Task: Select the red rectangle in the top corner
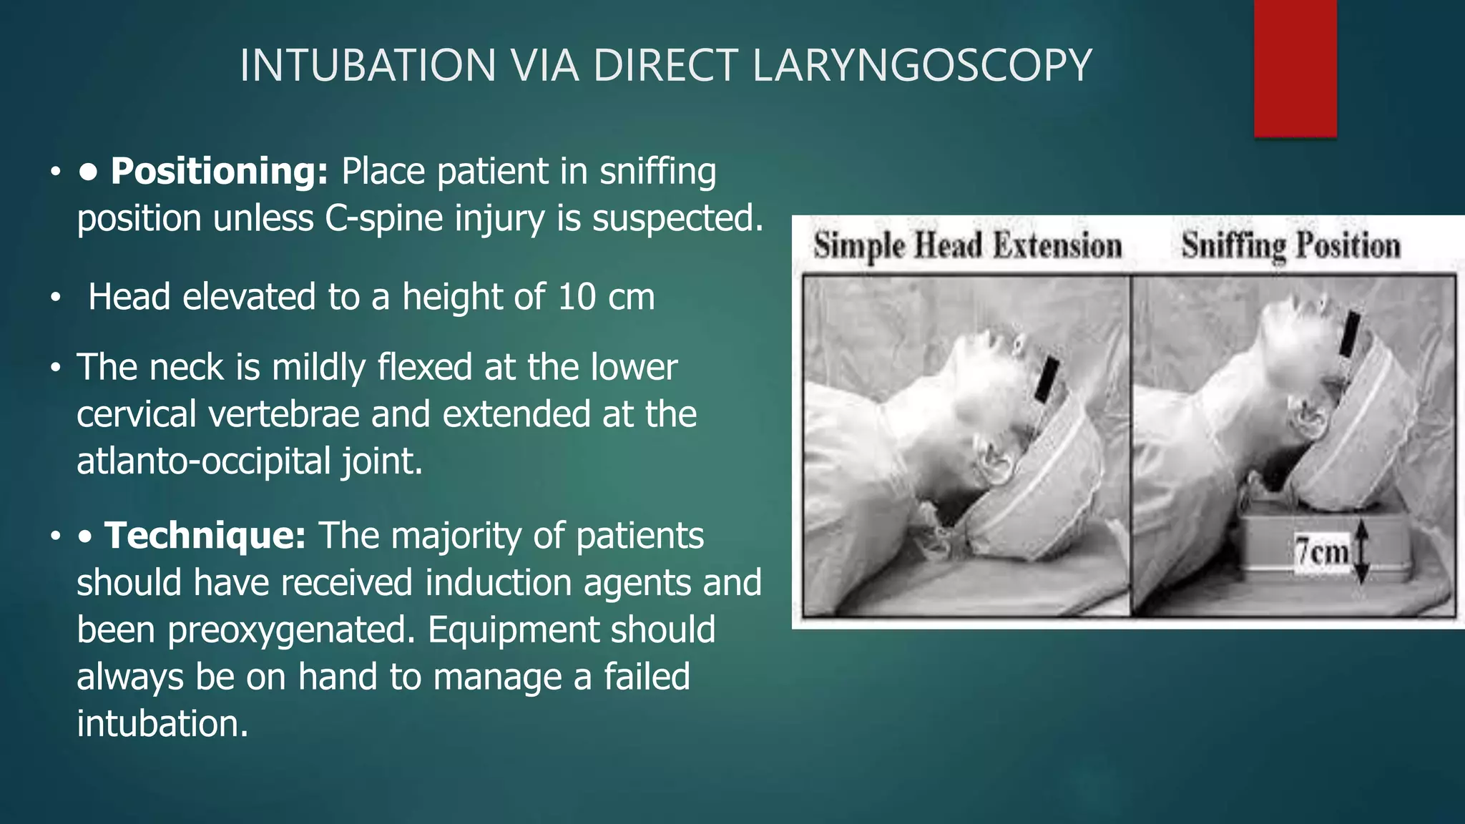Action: (x=1295, y=68)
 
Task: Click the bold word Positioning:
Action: (x=219, y=172)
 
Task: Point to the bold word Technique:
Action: (x=205, y=536)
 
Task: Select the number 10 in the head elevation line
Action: (x=577, y=297)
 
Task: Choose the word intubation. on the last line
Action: (x=162, y=724)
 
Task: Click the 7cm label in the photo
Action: (x=1321, y=551)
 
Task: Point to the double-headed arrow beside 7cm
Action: (x=1361, y=551)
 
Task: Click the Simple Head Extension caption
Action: (x=967, y=246)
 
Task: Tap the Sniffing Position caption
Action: (x=1290, y=246)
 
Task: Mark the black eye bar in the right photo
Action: (x=1351, y=335)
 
